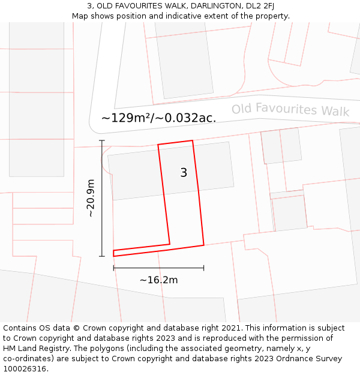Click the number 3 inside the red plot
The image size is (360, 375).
[184, 173]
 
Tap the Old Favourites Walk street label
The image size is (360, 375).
[290, 109]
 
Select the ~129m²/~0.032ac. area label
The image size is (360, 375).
[158, 118]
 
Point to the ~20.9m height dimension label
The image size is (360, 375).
[90, 198]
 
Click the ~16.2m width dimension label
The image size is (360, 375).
[158, 280]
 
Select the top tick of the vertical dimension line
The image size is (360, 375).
[102, 140]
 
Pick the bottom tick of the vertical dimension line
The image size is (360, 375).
[102, 256]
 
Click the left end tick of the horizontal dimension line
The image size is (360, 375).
[113, 268]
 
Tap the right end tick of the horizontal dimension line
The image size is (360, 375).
[204, 268]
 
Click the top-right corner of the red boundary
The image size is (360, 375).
[193, 141]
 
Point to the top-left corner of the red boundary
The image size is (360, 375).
[158, 145]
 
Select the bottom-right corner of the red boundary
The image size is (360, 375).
[204, 245]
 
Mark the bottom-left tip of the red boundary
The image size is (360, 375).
[113, 256]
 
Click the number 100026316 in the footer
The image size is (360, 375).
[25, 369]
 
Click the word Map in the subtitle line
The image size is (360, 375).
[80, 16]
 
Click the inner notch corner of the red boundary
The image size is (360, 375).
[170, 244]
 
